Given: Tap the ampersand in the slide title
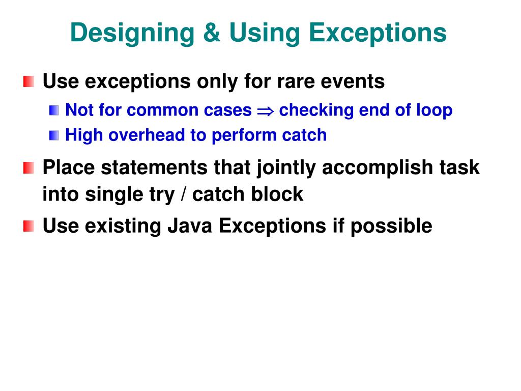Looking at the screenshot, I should point(211,33).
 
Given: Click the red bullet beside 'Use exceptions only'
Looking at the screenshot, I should point(29,81).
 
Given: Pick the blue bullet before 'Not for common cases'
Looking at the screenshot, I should point(54,109).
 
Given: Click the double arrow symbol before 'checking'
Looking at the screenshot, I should point(265,110).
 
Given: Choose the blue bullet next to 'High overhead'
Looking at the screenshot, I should point(54,135).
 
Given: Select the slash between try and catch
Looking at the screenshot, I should point(182,194).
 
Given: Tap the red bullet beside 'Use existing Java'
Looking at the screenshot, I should point(29,226).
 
